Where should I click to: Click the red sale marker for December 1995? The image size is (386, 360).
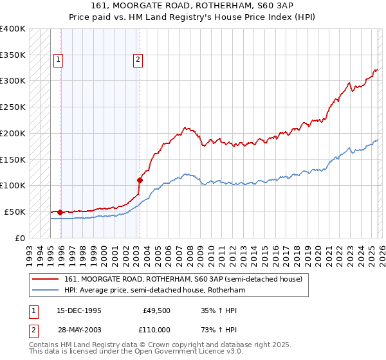(60, 212)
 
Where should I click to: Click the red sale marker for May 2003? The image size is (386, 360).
(140, 180)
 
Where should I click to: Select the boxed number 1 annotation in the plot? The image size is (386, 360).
(58, 60)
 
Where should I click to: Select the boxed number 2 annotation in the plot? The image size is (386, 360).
(138, 60)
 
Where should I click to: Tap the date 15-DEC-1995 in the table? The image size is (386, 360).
(80, 310)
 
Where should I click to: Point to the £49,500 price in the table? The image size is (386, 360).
(156, 310)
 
